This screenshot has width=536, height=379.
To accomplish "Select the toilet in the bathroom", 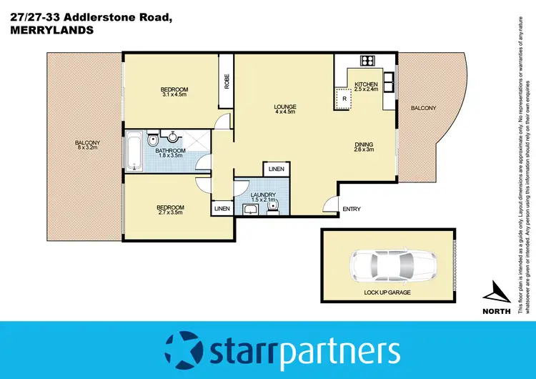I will [x=153, y=139].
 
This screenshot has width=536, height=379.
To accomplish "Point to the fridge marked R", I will [x=344, y=98].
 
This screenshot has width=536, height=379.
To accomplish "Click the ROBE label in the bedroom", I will [x=227, y=82].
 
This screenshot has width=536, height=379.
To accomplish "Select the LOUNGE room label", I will [x=285, y=107].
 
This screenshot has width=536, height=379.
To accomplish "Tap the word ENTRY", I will [x=352, y=210].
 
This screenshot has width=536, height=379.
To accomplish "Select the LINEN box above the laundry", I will [x=276, y=169].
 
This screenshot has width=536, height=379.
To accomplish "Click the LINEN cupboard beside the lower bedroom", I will [x=222, y=209].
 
